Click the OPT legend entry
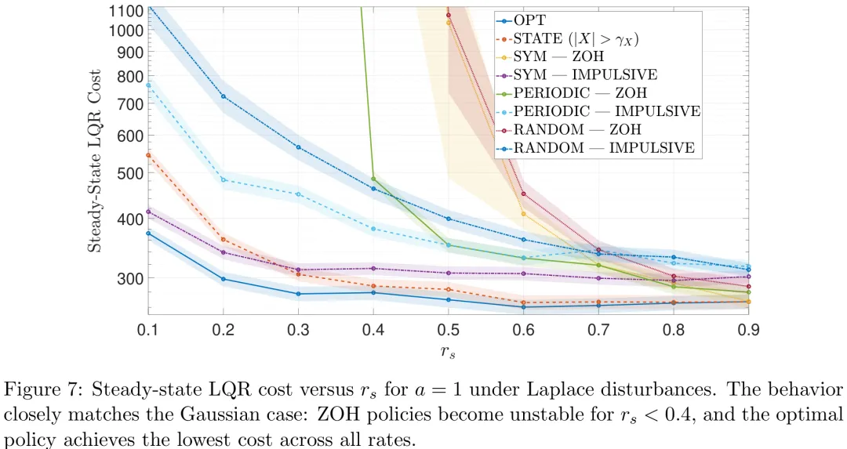pyautogui.click(x=529, y=20)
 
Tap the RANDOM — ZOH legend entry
pyautogui.click(x=577, y=129)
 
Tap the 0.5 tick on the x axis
pyautogui.click(x=448, y=330)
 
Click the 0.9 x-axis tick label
pyautogui.click(x=748, y=330)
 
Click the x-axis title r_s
pyautogui.click(x=448, y=353)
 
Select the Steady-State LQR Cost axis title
pyautogui.click(x=93, y=161)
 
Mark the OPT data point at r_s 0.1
pyautogui.click(x=147, y=234)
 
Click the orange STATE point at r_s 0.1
pyautogui.click(x=147, y=155)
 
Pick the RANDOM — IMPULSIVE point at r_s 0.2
pyautogui.click(x=224, y=96)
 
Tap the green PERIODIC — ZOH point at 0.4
pyautogui.click(x=373, y=179)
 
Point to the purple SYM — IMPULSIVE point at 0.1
pyautogui.click(x=147, y=212)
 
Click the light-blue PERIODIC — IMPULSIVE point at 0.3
pyautogui.click(x=298, y=194)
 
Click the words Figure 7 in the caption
pyautogui.click(x=37, y=389)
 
